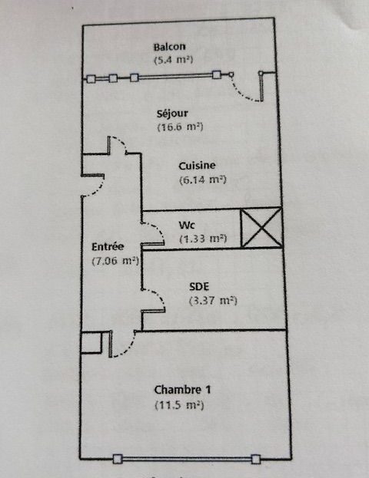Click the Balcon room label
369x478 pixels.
coord(169,47)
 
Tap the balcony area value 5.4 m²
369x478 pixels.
coord(174,60)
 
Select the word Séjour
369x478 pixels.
coord(172,114)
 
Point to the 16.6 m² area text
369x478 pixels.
coord(180,127)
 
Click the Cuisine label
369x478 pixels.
coord(197,166)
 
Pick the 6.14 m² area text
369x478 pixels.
coord(203,180)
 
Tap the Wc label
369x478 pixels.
coord(187,225)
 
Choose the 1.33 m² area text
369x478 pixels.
coord(203,238)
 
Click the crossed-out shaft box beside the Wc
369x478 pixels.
coord(261,227)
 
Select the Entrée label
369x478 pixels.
coord(108,246)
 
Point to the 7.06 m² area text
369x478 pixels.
coord(115,261)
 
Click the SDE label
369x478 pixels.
coord(199,286)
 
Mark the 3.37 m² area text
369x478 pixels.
coord(213,301)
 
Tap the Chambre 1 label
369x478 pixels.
coord(182,390)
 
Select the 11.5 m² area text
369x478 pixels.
coord(179,405)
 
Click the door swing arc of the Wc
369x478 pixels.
coord(158,229)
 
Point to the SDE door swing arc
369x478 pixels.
coord(159,295)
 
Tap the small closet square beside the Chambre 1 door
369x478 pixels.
coord(91,342)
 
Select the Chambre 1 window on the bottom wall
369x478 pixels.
coord(187,459)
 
